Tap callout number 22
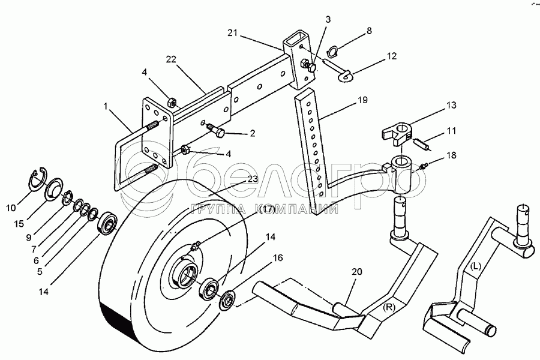(172, 59)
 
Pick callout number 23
(252, 178)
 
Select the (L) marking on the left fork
(476, 265)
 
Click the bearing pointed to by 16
(227, 302)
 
